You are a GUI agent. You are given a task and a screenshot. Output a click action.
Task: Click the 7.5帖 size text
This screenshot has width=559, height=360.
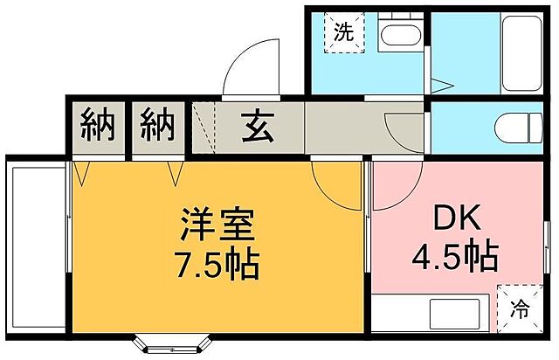click(x=217, y=262)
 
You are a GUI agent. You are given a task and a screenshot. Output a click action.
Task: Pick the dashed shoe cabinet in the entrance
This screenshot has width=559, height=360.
click(x=203, y=129)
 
